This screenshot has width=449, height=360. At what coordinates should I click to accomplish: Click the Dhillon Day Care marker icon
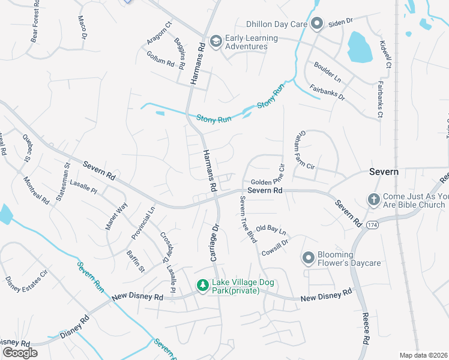[318, 24]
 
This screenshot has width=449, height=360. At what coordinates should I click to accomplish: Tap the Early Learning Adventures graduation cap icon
[216, 41]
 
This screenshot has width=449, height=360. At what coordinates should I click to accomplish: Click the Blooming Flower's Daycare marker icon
[309, 259]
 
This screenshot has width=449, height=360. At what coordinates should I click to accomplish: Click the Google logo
[20, 352]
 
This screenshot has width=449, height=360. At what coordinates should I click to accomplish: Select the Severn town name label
[384, 172]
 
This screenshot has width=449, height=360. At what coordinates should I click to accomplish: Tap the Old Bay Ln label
[271, 230]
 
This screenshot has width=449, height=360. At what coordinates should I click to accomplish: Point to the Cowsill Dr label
[275, 248]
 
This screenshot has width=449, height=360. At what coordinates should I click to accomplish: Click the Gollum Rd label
[160, 58]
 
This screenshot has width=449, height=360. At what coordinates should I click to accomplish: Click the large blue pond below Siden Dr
[359, 47]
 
